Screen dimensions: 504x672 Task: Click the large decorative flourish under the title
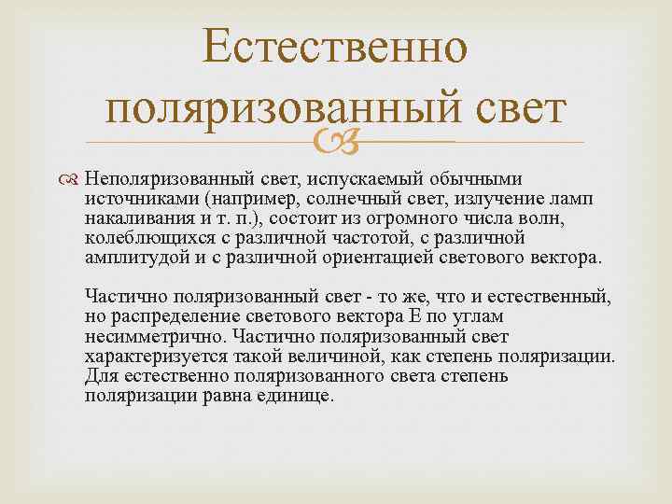(336, 142)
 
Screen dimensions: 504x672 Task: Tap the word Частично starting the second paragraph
(117, 298)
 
